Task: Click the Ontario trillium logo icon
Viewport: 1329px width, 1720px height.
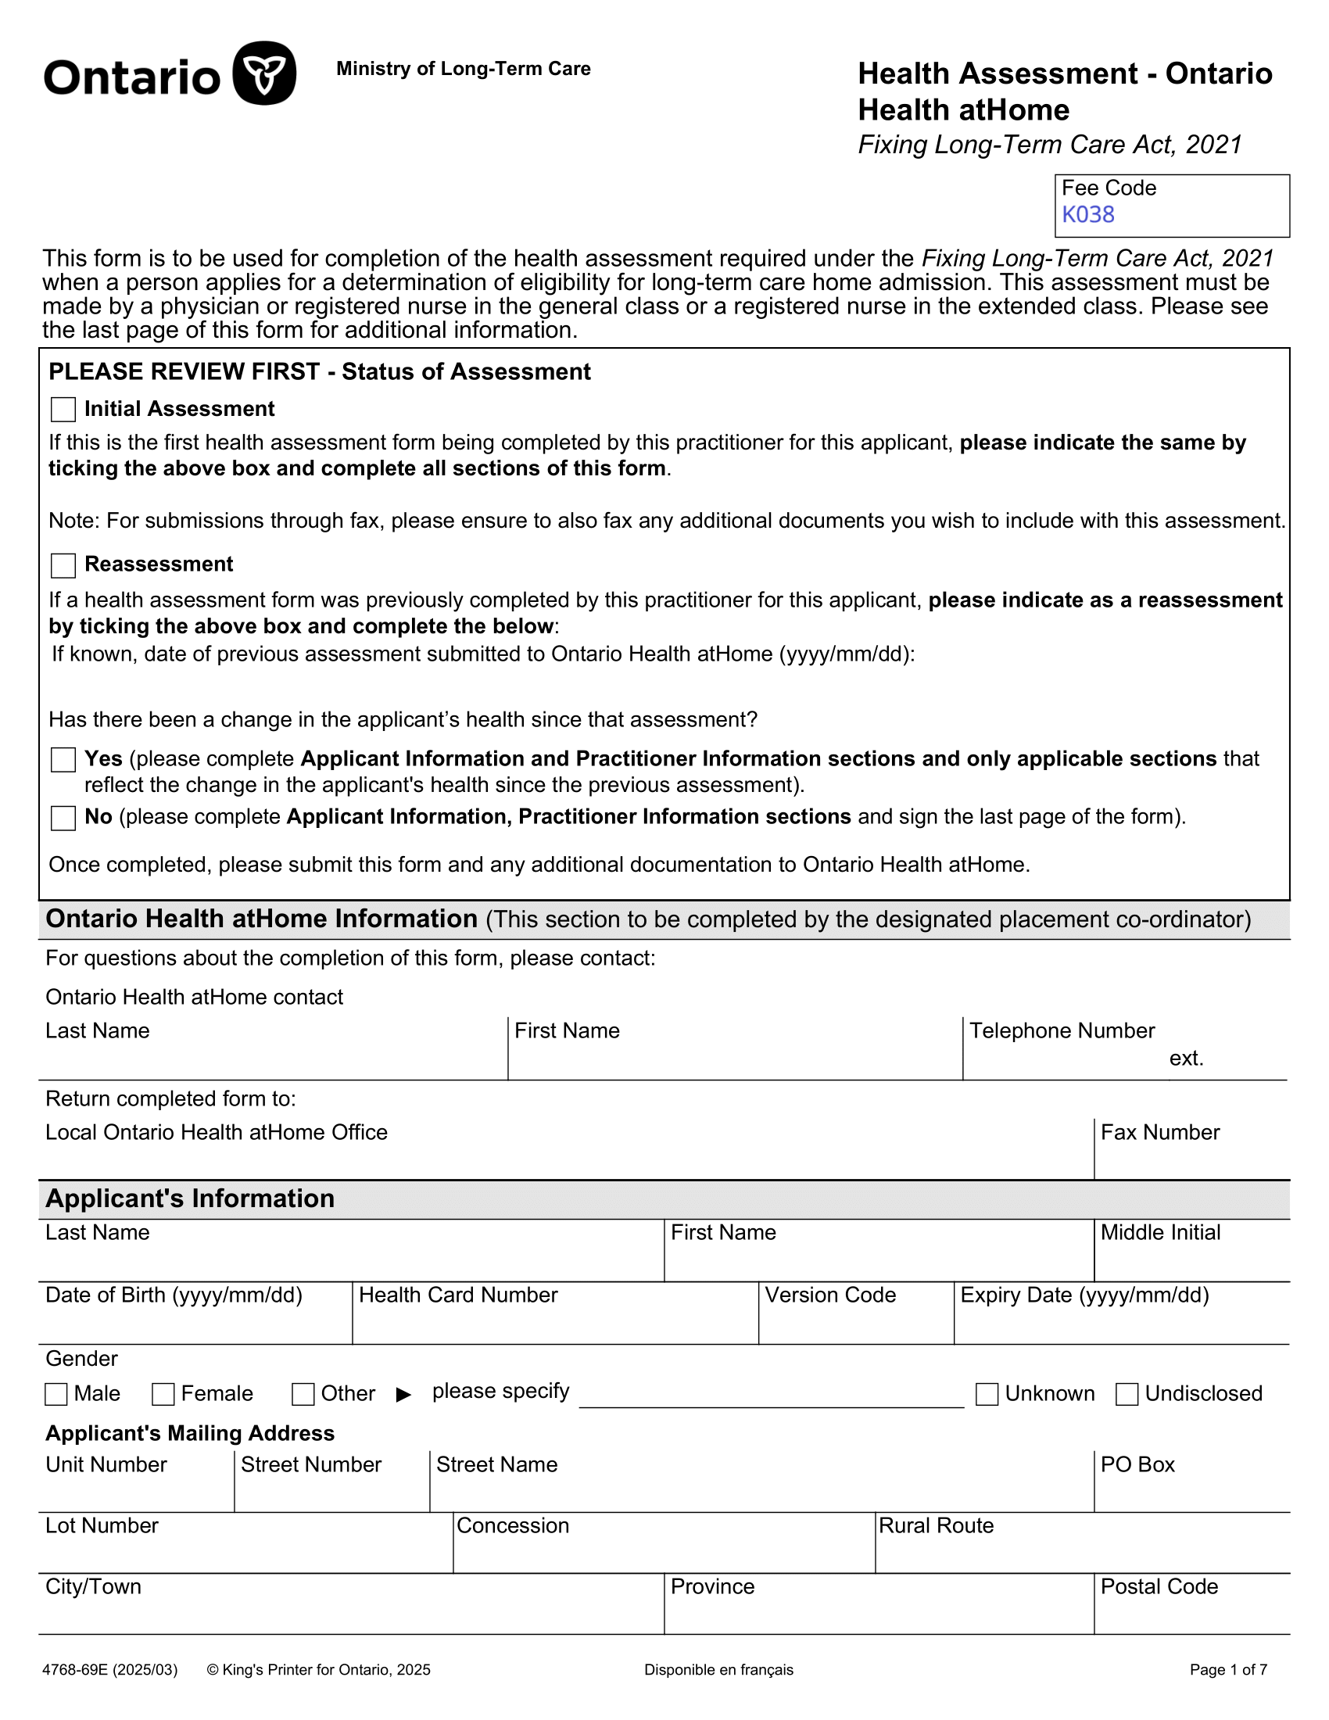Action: [x=264, y=73]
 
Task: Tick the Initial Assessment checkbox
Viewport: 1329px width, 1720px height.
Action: [x=63, y=410]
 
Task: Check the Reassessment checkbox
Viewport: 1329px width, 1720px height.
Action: [x=63, y=565]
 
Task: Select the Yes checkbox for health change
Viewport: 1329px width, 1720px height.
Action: [x=63, y=760]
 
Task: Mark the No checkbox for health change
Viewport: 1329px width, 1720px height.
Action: [x=63, y=819]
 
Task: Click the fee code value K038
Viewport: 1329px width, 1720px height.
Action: [x=1088, y=215]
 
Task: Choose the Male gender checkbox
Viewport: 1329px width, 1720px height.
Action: [x=56, y=1394]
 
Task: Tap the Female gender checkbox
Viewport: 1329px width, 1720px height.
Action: [x=163, y=1394]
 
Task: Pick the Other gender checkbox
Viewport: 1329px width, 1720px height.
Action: [x=303, y=1394]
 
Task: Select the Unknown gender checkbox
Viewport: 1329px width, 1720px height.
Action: [x=987, y=1394]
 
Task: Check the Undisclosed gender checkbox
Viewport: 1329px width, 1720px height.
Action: [x=1127, y=1394]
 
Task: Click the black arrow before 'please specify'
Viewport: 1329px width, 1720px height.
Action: [x=404, y=1395]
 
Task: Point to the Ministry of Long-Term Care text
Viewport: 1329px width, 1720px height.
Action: [x=463, y=69]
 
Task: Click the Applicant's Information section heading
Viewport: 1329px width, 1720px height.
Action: [x=190, y=1198]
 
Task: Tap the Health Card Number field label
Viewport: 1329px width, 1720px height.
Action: [x=458, y=1295]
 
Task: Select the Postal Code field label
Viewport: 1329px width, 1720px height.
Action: [x=1159, y=1586]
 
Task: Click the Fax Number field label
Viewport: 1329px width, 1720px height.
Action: [x=1159, y=1132]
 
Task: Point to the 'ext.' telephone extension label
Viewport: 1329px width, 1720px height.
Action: [x=1187, y=1058]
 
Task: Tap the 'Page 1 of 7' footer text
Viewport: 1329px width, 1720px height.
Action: [x=1228, y=1670]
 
